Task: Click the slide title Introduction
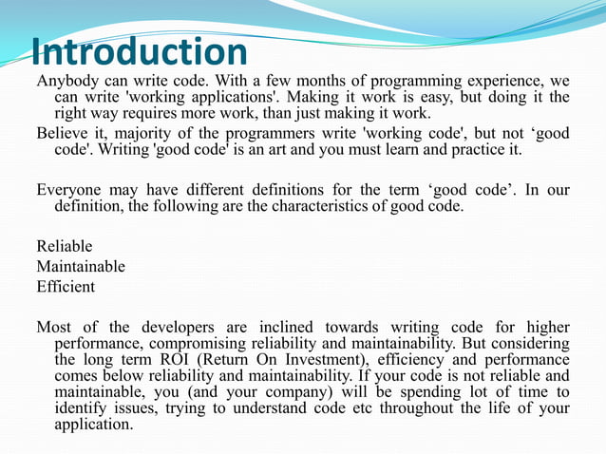coord(139,51)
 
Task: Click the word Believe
coord(65,133)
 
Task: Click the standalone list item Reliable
coord(65,246)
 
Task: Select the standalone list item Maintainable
coord(81,266)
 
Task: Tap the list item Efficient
coord(66,285)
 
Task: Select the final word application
coord(94,426)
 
